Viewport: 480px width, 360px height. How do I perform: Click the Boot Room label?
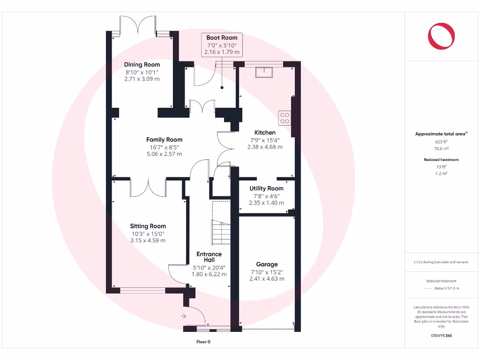tap(222, 37)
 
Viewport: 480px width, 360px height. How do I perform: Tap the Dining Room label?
tap(142, 65)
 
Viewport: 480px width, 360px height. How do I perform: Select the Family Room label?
tap(164, 140)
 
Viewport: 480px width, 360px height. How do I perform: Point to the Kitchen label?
tap(265, 133)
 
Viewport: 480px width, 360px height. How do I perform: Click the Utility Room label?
tap(266, 188)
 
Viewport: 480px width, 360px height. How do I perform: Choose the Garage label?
tap(267, 264)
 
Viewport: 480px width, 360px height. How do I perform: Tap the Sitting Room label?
tap(148, 226)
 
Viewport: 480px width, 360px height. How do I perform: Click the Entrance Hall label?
tap(209, 257)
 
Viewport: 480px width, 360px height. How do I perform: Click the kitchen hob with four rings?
tap(284, 118)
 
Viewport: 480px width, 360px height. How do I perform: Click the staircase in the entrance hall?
tap(221, 232)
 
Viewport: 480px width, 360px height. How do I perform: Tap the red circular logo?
tap(442, 36)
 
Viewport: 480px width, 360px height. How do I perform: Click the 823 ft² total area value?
tap(442, 142)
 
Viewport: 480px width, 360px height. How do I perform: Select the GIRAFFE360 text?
tap(442, 336)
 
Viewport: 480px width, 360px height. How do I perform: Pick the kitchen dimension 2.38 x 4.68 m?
tap(265, 147)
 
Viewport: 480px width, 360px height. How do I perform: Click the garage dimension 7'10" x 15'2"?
tap(267, 272)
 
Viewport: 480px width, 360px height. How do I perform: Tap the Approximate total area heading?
tap(441, 134)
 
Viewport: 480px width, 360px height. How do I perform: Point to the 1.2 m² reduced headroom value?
tap(442, 173)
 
